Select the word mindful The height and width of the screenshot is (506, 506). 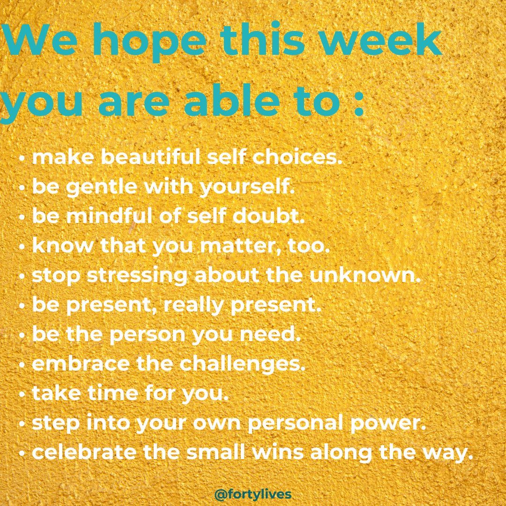click(x=105, y=216)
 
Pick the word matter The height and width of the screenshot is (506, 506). click(x=238, y=246)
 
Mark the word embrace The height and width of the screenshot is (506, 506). click(x=81, y=365)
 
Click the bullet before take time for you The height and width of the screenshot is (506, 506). click(x=22, y=394)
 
